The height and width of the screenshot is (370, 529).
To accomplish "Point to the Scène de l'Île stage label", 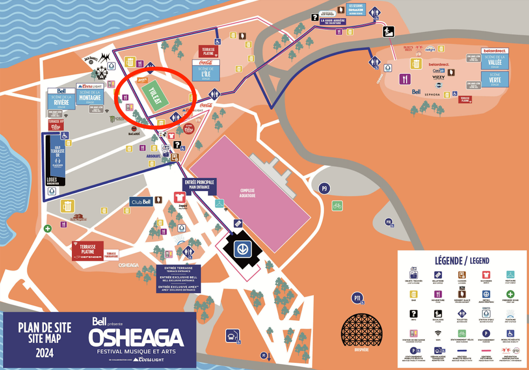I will pyautogui.click(x=205, y=70).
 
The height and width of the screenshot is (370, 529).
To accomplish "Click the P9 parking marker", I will pyautogui.click(x=324, y=188).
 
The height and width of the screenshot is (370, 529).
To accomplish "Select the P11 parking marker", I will pyautogui.click(x=357, y=297).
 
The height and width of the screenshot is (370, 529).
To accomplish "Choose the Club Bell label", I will pyautogui.click(x=140, y=201).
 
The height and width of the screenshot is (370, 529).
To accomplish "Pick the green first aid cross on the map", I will pyautogui.click(x=48, y=228).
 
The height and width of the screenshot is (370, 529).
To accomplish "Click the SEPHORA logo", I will pyautogui.click(x=432, y=95).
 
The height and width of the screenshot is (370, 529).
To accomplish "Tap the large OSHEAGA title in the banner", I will pyautogui.click(x=135, y=339).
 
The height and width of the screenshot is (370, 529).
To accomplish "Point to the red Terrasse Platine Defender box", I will pyautogui.click(x=88, y=251).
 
